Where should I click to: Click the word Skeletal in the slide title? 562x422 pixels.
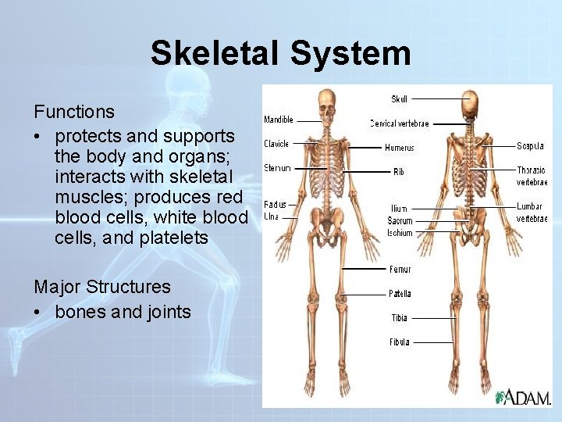pyautogui.click(x=215, y=54)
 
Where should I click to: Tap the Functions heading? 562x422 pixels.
pyautogui.click(x=74, y=113)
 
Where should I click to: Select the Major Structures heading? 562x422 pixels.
pyautogui.click(x=102, y=288)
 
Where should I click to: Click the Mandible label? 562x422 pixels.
pyautogui.click(x=279, y=120)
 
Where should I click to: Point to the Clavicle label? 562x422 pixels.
pyautogui.click(x=276, y=144)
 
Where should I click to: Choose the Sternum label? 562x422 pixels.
pyautogui.click(x=277, y=168)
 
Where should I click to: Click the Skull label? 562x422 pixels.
pyautogui.click(x=399, y=99)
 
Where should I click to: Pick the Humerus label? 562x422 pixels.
pyautogui.click(x=399, y=148)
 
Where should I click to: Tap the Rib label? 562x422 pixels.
pyautogui.click(x=399, y=171)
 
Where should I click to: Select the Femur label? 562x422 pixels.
pyautogui.click(x=400, y=270)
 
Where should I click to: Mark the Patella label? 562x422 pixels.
pyautogui.click(x=400, y=294)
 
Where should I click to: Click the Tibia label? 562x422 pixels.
pyautogui.click(x=399, y=318)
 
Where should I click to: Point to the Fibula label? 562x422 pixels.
pyautogui.click(x=399, y=342)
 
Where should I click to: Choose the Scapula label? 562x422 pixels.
pyautogui.click(x=531, y=146)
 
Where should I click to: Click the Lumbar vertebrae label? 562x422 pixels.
pyautogui.click(x=532, y=213)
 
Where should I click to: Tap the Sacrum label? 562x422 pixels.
pyautogui.click(x=400, y=221)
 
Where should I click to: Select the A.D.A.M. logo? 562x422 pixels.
pyautogui.click(x=522, y=397)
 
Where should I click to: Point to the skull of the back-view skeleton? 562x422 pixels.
pyautogui.click(x=470, y=102)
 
